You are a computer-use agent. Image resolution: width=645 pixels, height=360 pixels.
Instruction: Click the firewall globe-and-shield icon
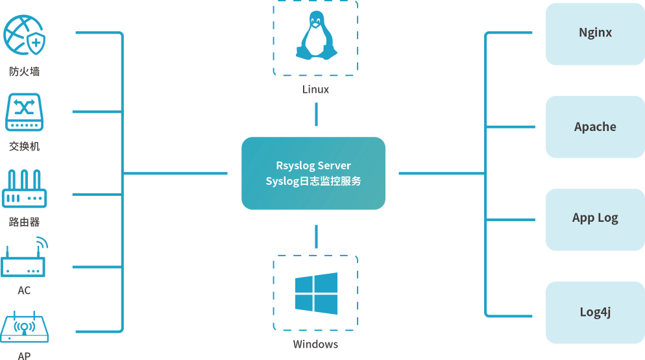click(x=25, y=36)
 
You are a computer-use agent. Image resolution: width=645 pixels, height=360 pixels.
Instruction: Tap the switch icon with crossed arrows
click(x=24, y=113)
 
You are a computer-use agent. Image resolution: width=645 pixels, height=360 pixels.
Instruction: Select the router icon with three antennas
click(x=25, y=189)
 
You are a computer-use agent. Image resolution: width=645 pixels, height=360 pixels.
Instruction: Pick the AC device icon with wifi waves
click(x=25, y=259)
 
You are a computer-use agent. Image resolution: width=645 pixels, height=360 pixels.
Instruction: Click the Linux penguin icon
click(x=316, y=36)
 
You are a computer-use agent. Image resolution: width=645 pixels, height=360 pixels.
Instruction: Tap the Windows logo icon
click(x=316, y=293)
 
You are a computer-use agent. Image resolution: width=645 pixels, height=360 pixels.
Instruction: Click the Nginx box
click(x=595, y=33)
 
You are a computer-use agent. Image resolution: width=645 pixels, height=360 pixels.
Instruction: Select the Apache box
click(x=595, y=126)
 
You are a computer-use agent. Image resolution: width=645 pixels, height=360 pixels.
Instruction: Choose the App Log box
click(x=595, y=219)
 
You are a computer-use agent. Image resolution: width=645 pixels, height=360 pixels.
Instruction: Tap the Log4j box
click(x=595, y=312)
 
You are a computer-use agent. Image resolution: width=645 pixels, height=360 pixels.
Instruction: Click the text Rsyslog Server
click(x=313, y=165)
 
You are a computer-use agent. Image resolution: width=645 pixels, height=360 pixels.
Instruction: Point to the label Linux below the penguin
click(x=316, y=90)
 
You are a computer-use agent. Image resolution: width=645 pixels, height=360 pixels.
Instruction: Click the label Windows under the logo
click(x=315, y=344)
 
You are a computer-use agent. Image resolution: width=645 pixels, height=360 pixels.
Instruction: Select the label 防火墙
click(x=25, y=71)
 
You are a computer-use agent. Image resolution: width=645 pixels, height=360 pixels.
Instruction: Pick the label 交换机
click(x=25, y=147)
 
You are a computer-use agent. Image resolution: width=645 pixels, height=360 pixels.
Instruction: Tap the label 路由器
click(x=25, y=222)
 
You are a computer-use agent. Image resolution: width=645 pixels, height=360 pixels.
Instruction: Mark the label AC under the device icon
click(x=24, y=290)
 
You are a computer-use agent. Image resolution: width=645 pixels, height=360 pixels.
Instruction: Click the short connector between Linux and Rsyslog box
click(x=316, y=115)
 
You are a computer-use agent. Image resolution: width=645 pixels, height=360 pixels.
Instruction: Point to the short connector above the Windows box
click(x=316, y=237)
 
